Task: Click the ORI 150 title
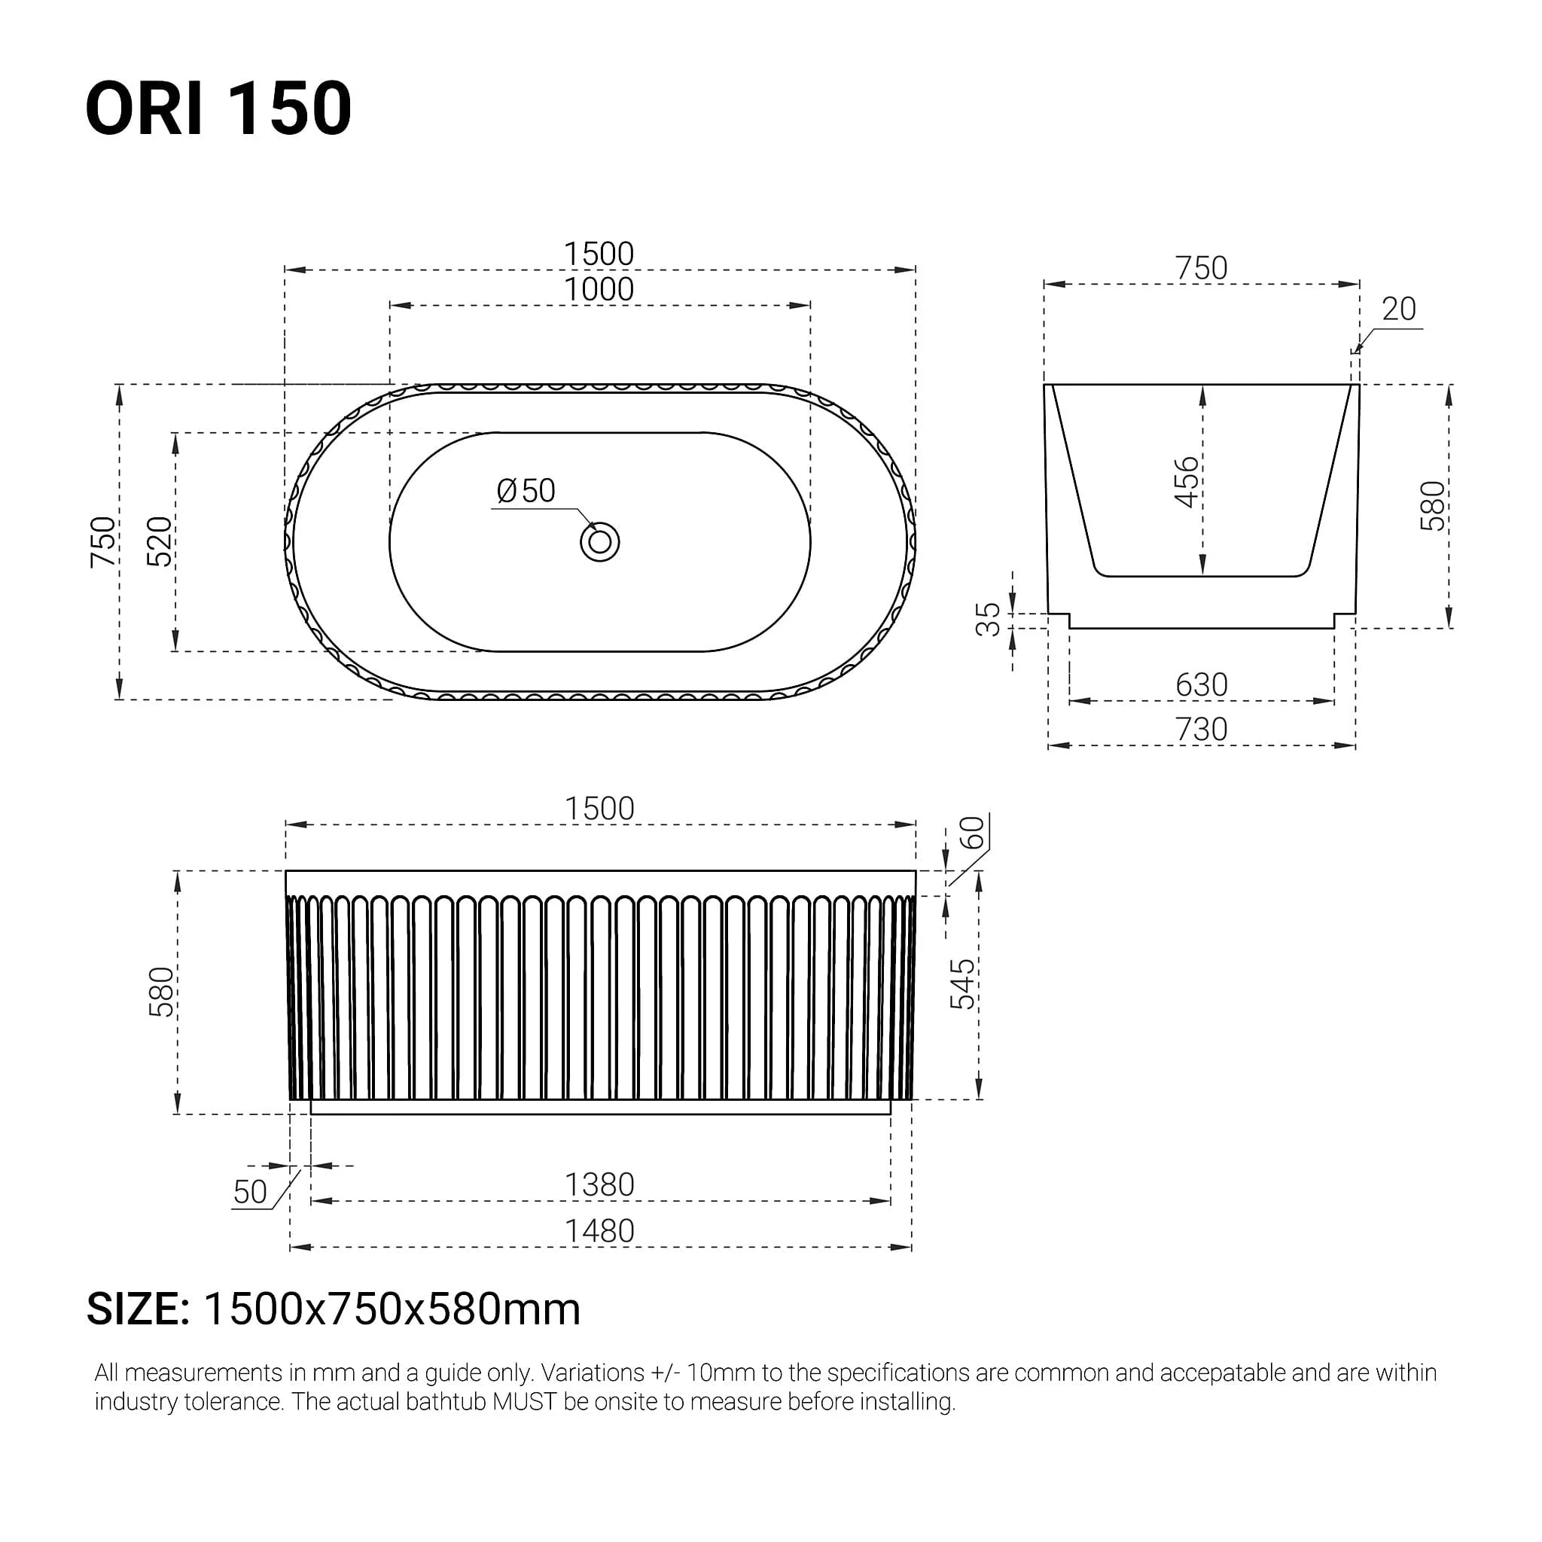click(218, 108)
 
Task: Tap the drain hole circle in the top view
click(599, 543)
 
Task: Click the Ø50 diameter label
click(526, 491)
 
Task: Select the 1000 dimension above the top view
click(599, 290)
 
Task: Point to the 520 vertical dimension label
click(160, 542)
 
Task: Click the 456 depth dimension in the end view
click(1187, 482)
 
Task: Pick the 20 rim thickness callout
click(1398, 309)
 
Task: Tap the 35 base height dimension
click(988, 620)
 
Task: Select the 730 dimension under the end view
click(1201, 730)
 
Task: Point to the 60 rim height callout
click(971, 833)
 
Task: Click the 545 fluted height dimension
click(962, 984)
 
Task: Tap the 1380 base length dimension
click(599, 1184)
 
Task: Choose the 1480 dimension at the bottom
click(599, 1231)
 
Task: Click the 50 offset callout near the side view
click(250, 1192)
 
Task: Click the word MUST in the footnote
click(523, 1402)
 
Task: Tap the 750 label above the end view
click(1201, 268)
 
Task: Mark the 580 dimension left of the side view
click(161, 992)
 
